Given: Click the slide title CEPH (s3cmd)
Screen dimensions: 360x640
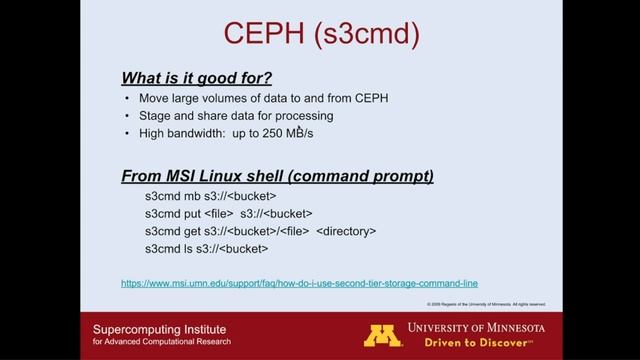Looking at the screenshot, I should (319, 36).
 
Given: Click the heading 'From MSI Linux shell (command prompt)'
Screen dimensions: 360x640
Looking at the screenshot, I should (277, 176).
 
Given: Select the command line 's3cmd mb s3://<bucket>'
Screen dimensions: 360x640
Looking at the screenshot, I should (210, 196).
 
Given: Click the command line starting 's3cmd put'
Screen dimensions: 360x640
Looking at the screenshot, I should (228, 213).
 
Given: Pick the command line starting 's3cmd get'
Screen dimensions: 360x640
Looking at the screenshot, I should (260, 231).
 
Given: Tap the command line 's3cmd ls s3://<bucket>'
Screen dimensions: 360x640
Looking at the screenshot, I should (207, 249).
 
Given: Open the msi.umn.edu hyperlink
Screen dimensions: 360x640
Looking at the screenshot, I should (298, 284).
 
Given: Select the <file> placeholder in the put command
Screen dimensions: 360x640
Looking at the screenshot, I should (218, 213).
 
